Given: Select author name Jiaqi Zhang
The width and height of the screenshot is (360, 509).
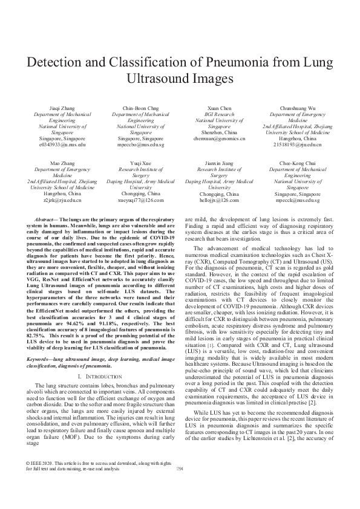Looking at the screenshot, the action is click(62, 106).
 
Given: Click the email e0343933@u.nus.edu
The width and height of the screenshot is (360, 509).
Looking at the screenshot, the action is click(62, 146).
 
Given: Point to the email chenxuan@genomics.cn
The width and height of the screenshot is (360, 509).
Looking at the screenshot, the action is click(218, 139).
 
